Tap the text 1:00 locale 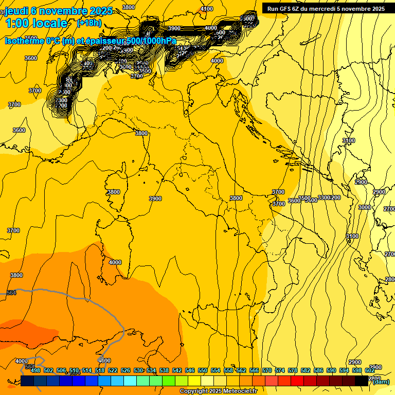tap(36, 23)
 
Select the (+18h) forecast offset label tap(89, 23)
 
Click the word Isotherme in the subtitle tap(24, 41)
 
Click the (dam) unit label tap(381, 382)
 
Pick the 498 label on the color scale tap(35, 370)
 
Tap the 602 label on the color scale tap(369, 370)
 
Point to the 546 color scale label tap(190, 370)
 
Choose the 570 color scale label tap(267, 370)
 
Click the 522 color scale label tap(113, 370)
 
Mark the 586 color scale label tap(318, 370)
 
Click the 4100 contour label tap(207, 9)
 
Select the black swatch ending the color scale tap(362, 381)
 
